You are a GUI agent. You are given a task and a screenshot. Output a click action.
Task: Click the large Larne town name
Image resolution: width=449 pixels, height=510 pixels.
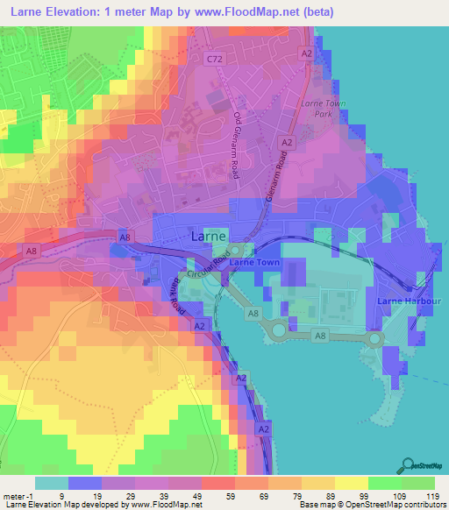coord(210,237)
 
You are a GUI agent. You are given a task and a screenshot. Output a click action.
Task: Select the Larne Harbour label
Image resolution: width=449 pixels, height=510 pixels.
coord(409,301)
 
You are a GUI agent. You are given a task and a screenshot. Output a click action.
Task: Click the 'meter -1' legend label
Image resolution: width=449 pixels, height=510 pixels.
coord(18,495)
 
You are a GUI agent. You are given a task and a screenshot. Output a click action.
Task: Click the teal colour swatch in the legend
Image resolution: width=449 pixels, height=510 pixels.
coord(50,483)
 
